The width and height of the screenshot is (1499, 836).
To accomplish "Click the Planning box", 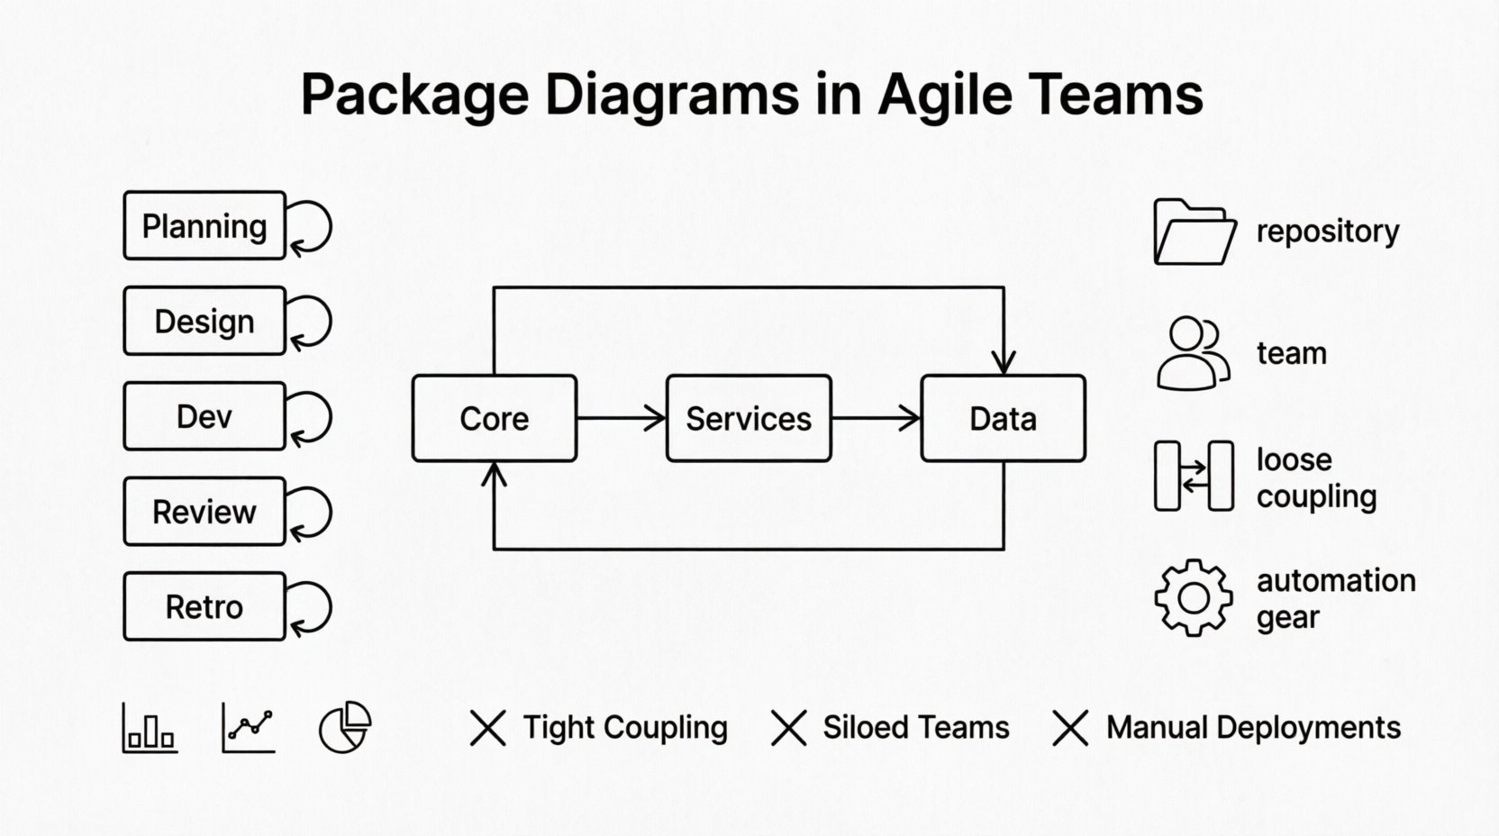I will point(204,226).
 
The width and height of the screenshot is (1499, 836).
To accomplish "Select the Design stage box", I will point(204,322).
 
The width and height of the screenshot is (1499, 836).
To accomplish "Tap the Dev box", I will point(204,416).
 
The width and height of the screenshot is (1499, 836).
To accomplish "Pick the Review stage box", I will point(204,512).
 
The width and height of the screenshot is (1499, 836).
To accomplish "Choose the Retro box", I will point(204,606).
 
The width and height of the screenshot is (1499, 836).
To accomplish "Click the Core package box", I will point(494,419).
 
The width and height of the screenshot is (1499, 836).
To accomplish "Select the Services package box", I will point(749,419).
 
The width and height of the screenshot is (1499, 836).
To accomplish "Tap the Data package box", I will point(1003,419).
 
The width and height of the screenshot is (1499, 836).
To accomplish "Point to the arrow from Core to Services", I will point(622,418).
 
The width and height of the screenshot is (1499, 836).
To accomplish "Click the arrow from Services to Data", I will point(876,418).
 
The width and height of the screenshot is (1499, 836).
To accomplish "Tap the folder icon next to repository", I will point(1194,232).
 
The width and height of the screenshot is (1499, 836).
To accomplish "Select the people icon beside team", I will point(1193,353).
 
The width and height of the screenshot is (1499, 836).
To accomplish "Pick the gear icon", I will point(1194,597).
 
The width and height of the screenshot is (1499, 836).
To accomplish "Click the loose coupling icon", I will point(1194,477).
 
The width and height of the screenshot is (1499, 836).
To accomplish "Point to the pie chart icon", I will point(345,727).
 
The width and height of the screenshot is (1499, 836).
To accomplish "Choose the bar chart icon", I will point(150,728).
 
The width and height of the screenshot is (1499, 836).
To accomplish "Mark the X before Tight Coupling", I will point(488,728).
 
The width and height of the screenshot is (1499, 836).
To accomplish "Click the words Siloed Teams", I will point(916,728).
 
